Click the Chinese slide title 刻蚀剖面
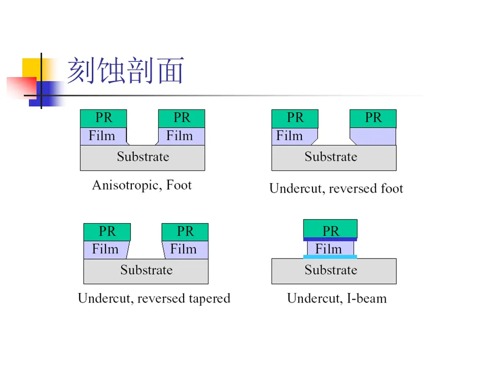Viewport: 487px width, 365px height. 125,70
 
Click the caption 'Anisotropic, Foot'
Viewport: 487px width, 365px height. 142,185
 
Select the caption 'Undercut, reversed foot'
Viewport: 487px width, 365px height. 336,189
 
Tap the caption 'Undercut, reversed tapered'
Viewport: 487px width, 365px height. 154,298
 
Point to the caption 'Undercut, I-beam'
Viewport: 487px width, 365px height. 337,298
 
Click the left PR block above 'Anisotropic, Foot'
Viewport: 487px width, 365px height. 103,119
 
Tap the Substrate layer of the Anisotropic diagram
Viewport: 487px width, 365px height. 143,158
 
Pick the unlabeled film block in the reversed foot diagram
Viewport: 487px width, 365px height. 374,136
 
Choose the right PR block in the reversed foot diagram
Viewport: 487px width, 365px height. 373,119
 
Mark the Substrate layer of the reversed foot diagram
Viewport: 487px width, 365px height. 334,158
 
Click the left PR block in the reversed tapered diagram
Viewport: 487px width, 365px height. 107,232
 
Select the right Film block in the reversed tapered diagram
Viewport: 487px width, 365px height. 185,249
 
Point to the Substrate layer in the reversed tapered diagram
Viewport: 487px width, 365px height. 146,271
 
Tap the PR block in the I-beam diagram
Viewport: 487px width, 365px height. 330,229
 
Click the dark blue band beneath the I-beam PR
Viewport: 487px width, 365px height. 330,239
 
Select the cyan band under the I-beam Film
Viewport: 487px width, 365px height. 330,257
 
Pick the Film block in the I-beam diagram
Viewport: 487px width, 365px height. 330,248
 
